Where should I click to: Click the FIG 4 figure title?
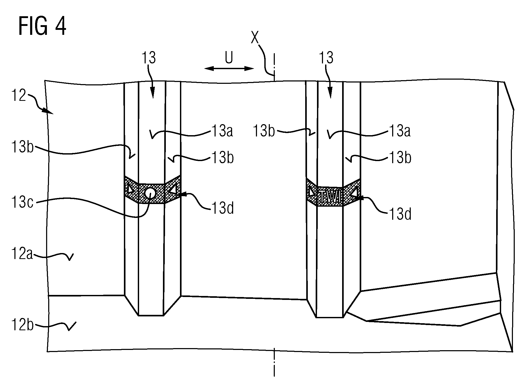(42, 27)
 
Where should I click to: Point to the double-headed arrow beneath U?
(229, 69)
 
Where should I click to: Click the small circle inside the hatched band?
(150, 193)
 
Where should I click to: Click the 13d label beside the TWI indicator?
(400, 215)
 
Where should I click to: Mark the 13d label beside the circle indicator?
(222, 209)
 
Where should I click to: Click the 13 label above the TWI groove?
(326, 58)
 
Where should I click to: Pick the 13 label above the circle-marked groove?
(149, 58)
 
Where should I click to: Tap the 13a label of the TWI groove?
(399, 131)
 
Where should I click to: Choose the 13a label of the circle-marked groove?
(222, 131)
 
